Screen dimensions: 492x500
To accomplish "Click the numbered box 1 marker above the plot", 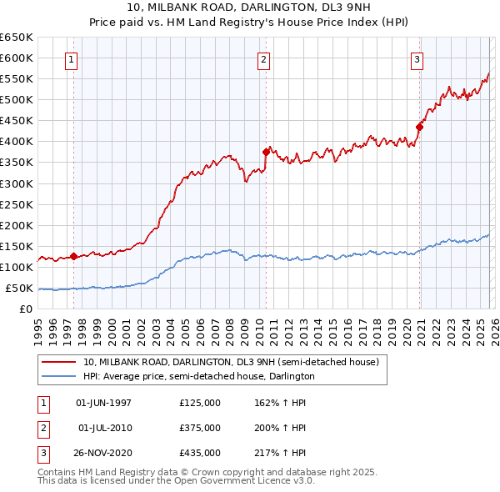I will coord(72,59).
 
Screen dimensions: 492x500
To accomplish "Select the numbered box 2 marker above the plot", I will coord(263,59).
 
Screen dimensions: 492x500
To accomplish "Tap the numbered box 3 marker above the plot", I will coord(417,59).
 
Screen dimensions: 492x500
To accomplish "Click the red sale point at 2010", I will coord(266,152).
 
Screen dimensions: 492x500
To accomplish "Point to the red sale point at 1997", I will coord(73,256).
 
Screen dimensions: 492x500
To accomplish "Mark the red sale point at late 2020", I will coord(419,127).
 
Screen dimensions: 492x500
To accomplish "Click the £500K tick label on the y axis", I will coord(17,100).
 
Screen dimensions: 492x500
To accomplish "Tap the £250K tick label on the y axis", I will coord(17,204).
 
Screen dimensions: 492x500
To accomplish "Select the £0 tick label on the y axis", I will coord(25,309).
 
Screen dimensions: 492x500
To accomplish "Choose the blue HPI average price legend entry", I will coord(198,376).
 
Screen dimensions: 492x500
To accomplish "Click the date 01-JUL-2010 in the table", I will coord(104,428).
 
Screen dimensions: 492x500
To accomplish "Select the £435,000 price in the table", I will coord(200,453).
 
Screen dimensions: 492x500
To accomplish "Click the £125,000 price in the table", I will coord(200,403).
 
